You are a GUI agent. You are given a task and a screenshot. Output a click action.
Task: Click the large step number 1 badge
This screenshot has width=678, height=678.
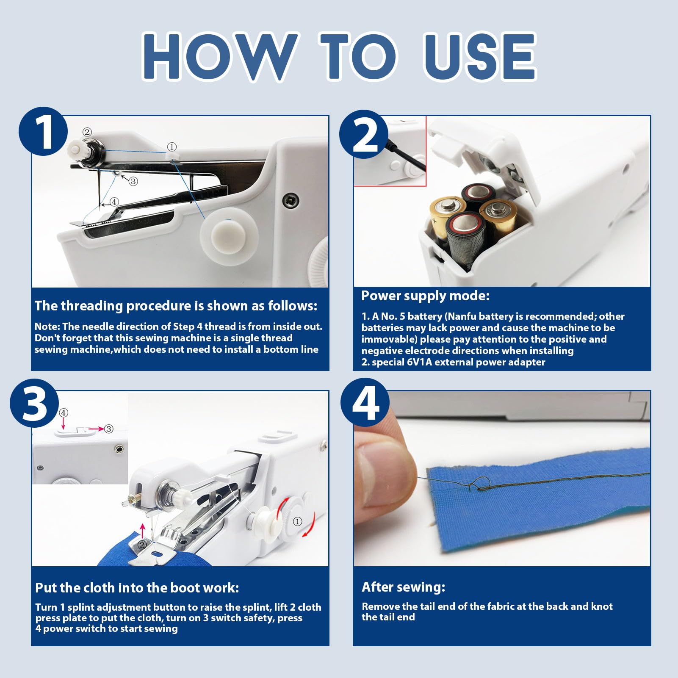tap(43, 131)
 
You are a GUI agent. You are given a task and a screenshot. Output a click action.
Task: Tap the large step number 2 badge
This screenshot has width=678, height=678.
tap(364, 134)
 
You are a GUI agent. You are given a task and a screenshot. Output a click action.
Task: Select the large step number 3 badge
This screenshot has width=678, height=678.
tap(34, 403)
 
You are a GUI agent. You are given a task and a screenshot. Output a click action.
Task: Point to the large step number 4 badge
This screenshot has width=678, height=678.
tap(364, 403)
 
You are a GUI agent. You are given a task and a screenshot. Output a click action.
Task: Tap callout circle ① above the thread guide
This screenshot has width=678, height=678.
tap(172, 147)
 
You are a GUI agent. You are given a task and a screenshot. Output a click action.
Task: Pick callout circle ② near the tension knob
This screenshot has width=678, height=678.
tap(87, 132)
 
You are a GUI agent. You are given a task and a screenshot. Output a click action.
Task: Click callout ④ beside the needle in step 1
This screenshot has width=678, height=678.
tap(114, 202)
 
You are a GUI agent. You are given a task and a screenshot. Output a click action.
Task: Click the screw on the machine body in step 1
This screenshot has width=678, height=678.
tap(290, 199)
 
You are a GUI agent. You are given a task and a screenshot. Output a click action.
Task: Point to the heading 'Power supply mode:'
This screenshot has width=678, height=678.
tap(425, 296)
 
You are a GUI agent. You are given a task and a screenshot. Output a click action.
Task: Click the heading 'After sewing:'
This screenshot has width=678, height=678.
tap(403, 587)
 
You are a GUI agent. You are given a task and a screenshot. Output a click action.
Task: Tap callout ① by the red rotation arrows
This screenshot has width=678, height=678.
tap(298, 521)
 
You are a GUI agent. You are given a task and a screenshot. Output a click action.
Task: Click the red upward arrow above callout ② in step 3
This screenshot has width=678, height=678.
tap(142, 531)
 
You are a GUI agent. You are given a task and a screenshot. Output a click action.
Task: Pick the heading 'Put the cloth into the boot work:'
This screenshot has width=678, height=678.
tap(137, 588)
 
